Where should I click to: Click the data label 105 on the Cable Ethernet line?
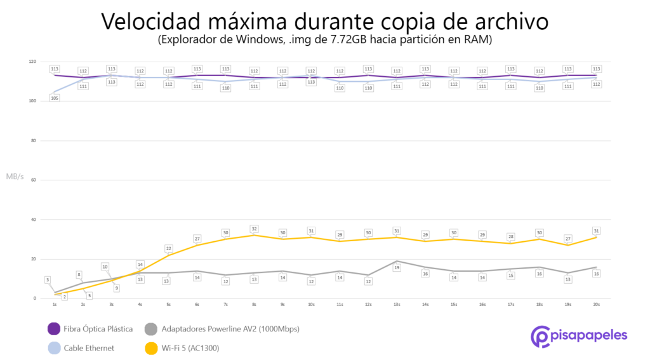(55, 98)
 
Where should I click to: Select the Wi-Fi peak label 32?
(254, 229)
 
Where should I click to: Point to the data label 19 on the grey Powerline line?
(397, 268)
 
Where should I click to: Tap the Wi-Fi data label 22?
(168, 248)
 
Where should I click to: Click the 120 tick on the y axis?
(32, 62)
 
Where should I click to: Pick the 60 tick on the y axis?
(33, 180)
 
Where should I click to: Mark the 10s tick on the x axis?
(311, 305)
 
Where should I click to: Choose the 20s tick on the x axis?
(597, 305)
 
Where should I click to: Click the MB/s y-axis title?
(15, 176)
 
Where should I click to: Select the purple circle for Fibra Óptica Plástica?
(55, 329)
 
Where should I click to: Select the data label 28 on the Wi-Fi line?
(511, 237)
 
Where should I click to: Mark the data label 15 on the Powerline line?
(511, 276)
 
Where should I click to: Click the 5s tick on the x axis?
(168, 305)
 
